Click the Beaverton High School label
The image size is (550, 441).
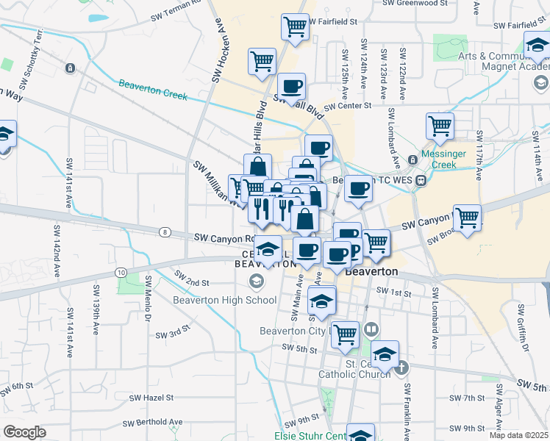[x=224, y=299]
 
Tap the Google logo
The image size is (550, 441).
[x=24, y=432]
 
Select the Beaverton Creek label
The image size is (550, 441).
[x=153, y=92]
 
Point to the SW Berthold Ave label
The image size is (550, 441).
[x=152, y=423]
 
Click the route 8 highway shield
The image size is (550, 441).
[x=163, y=232]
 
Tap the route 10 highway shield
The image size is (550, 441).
[x=119, y=272]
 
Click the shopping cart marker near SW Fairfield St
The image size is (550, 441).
[x=294, y=26]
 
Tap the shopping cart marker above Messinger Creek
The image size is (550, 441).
[x=440, y=126]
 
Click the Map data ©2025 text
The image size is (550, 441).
[x=519, y=435]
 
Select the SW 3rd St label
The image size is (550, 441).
[x=173, y=334]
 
